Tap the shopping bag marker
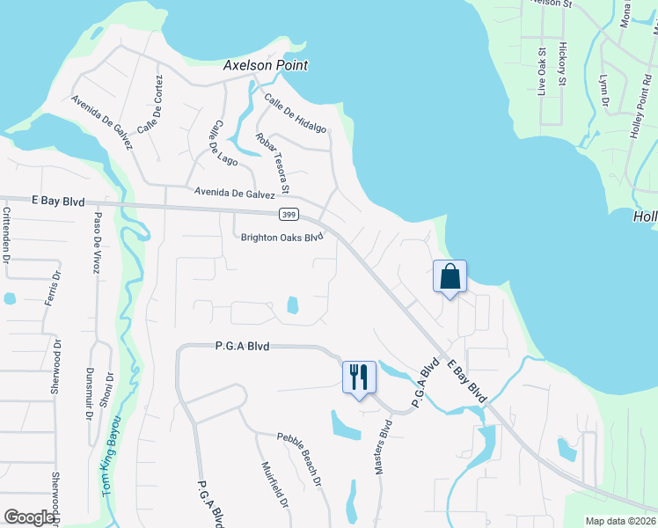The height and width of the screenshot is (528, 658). [x=450, y=277]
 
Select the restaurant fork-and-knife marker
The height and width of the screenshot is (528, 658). [x=359, y=377]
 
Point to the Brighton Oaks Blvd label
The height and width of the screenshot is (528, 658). [x=277, y=238]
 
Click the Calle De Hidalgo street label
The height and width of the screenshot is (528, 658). [x=295, y=114]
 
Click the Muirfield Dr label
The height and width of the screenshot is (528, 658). [x=275, y=486]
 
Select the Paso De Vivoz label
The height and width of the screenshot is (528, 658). [x=94, y=242]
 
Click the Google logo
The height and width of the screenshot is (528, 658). [x=30, y=517]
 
